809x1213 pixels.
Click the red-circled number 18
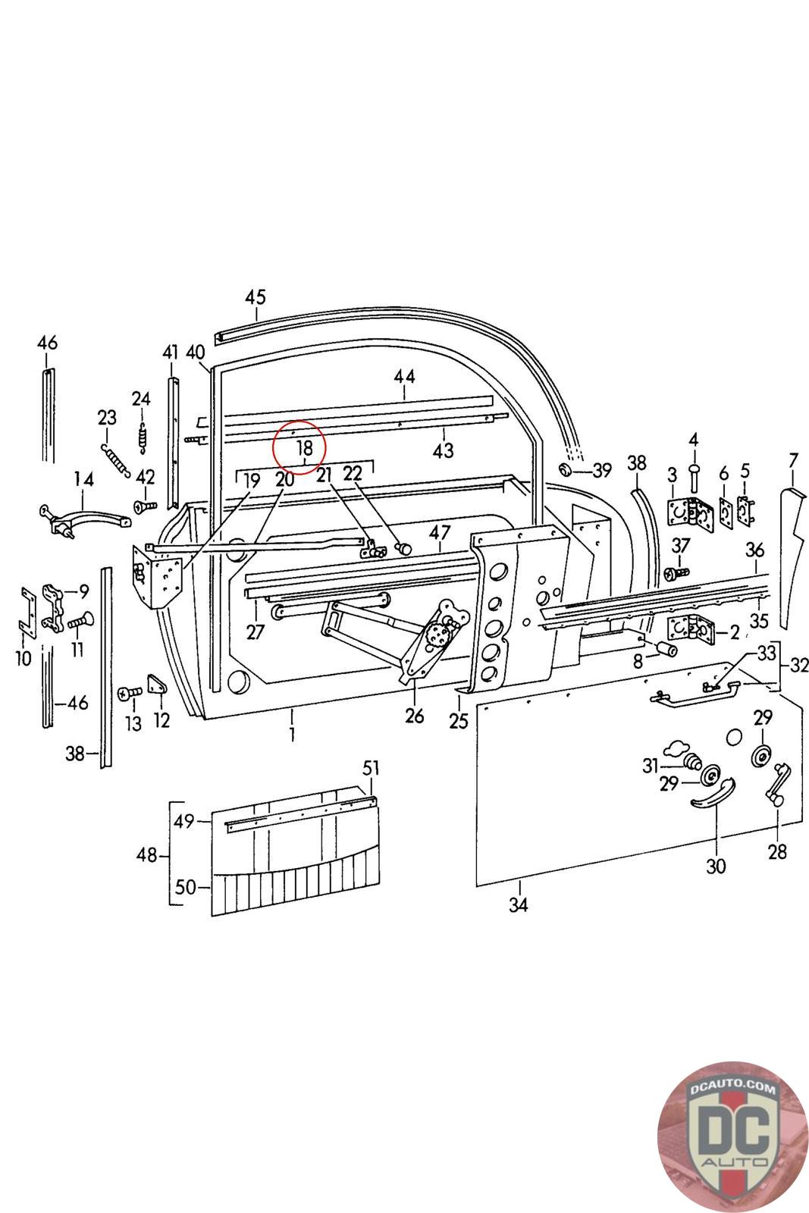pos(305,448)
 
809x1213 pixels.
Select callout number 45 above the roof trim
pos(256,296)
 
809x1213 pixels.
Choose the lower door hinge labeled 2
pos(688,628)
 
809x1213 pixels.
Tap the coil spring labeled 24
pos(141,438)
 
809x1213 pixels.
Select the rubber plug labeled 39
pos(568,470)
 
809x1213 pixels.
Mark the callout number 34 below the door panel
pos(519,904)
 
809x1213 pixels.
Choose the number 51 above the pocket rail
pos(370,768)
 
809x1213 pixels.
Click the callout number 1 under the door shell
pos(292,734)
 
